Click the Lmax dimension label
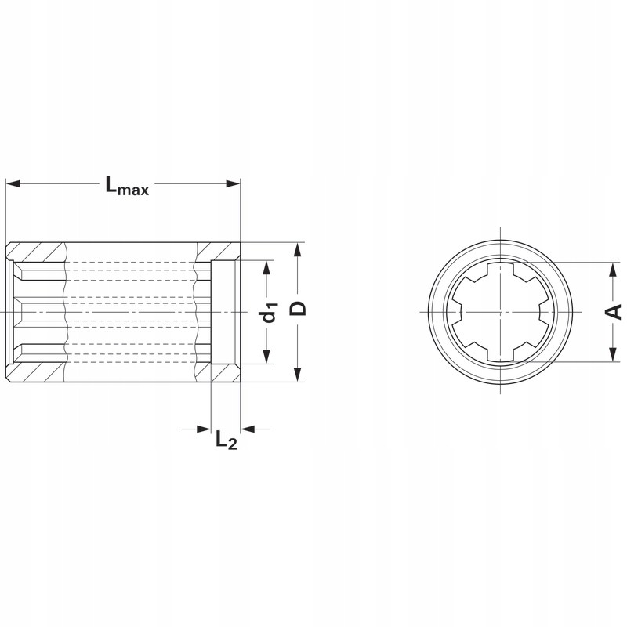tap(127, 186)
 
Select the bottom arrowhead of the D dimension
tap(297, 376)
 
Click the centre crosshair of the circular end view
tap(498, 312)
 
